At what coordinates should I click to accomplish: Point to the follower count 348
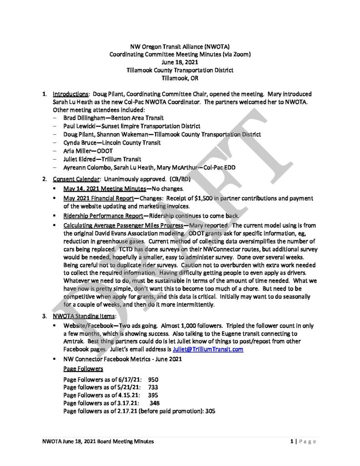tap(154, 403)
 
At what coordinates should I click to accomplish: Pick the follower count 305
tap(209, 410)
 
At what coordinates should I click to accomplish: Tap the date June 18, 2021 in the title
tap(180, 62)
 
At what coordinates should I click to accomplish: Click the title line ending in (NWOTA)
tap(180, 47)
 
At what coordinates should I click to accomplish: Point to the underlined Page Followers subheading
tap(83, 369)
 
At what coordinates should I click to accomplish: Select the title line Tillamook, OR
tap(180, 78)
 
